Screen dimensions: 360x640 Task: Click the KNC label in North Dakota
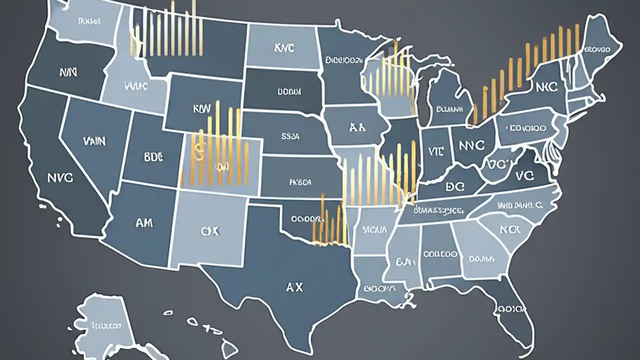click(284, 48)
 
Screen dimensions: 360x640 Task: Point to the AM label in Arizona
click(144, 223)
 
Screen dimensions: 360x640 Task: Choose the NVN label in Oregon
click(68, 72)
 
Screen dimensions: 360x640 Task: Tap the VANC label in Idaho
click(134, 86)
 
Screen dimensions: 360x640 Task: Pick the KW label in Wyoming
click(199, 107)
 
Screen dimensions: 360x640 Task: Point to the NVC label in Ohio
click(471, 145)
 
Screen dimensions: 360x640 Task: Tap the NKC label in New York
click(546, 86)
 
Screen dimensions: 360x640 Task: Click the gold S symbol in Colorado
click(198, 153)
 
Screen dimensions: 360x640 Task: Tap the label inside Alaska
click(106, 325)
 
